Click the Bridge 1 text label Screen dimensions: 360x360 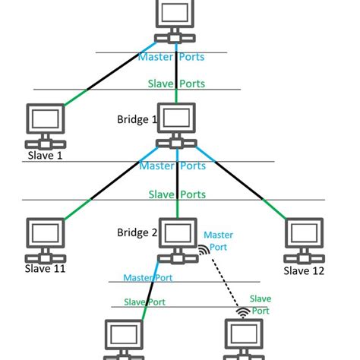(x=137, y=119)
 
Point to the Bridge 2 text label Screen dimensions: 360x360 (x=137, y=232)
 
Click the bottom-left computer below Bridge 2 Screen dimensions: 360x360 (x=122, y=338)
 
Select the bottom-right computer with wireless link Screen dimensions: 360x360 (x=245, y=338)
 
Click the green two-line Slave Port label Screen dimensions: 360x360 (x=261, y=305)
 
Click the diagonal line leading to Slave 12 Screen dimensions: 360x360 (x=243, y=182)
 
